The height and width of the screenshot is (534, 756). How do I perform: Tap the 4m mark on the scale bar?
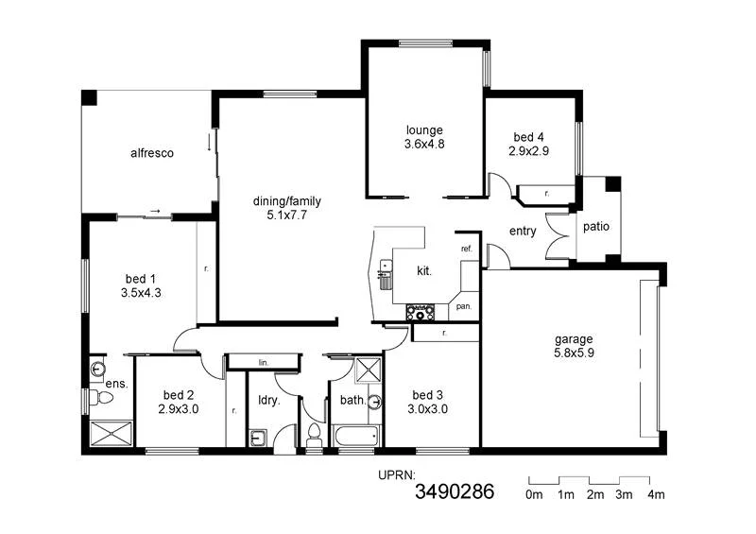[x=655, y=494]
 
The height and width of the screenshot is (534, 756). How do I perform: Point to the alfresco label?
[x=151, y=152]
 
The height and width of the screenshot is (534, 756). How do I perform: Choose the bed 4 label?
[x=528, y=137]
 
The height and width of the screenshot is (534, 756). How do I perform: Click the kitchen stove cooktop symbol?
[x=420, y=311]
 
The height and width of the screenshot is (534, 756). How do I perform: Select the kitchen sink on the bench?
[x=385, y=278]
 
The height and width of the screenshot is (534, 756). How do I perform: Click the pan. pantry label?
[x=464, y=306]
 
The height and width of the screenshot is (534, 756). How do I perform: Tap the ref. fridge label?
[x=466, y=249]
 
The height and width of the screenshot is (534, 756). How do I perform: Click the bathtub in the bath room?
[x=354, y=437]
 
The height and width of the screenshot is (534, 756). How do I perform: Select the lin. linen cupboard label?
[x=262, y=362]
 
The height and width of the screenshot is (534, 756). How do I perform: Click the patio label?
[x=595, y=227]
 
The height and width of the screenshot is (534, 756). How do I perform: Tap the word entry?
[x=523, y=231]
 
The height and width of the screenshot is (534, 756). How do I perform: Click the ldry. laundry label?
[x=268, y=400]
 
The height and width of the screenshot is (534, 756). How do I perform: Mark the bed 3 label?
[x=427, y=395]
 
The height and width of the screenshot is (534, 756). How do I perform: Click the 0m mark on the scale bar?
[x=534, y=494]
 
